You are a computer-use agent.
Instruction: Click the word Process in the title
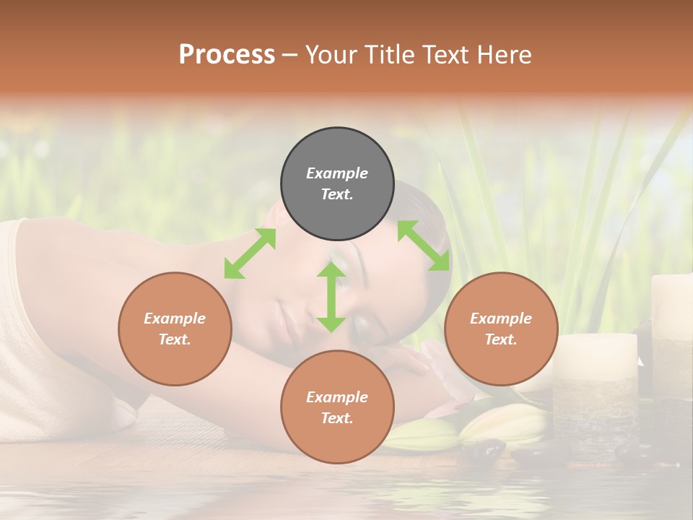click(227, 55)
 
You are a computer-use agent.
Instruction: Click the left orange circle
click(175, 329)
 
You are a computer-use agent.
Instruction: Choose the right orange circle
click(501, 329)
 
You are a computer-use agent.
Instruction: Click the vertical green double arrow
click(331, 297)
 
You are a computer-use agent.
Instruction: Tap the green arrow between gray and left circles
click(250, 253)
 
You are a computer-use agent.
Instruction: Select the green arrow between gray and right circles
click(423, 246)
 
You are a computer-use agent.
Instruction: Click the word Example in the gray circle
click(337, 173)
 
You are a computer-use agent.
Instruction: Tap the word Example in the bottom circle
click(337, 397)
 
